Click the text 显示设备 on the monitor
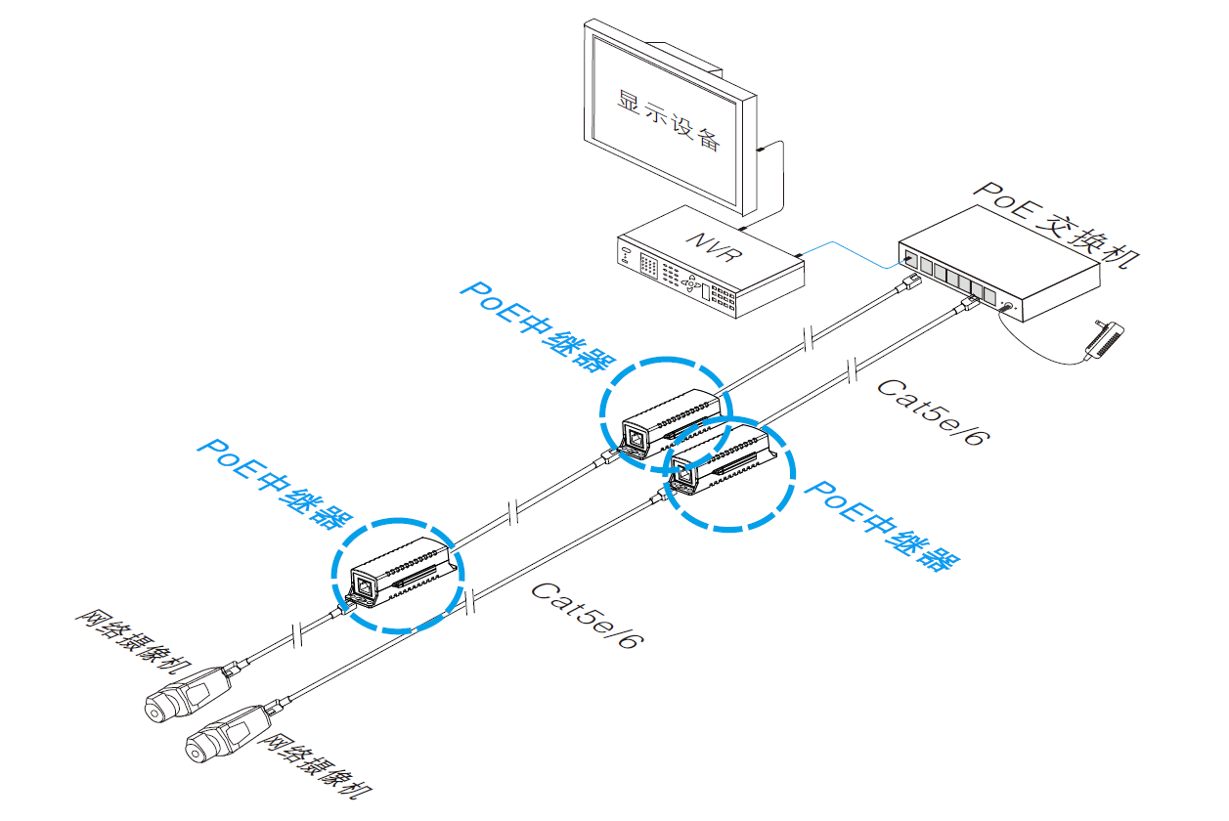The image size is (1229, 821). point(670,117)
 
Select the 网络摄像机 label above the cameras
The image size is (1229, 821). point(142,644)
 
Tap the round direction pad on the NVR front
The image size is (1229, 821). point(695,285)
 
